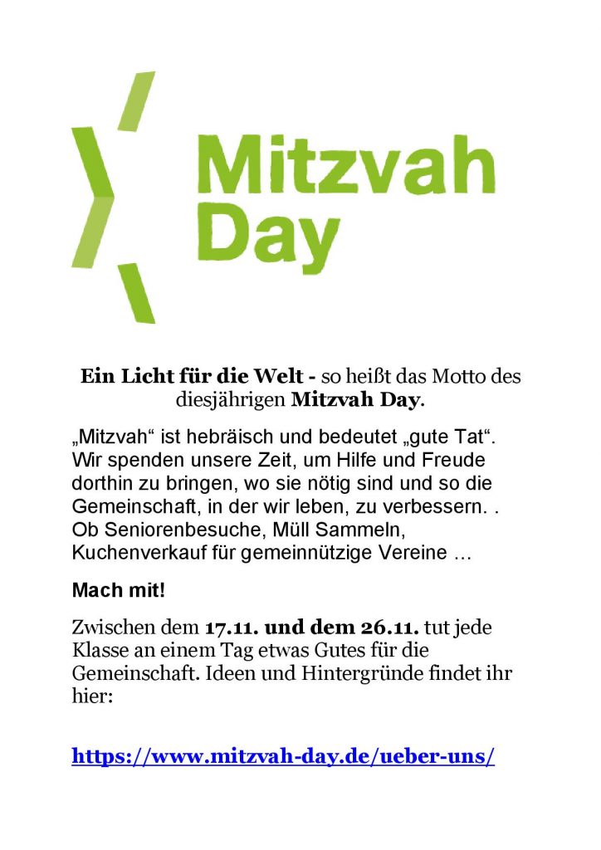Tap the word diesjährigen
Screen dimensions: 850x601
click(x=231, y=402)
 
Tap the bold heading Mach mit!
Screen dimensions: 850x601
click(x=119, y=591)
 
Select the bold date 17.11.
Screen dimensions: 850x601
click(x=232, y=627)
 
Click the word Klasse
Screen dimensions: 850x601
click(x=101, y=650)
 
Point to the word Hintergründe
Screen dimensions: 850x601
click(x=351, y=673)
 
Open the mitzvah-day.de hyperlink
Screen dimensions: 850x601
click(x=283, y=756)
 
